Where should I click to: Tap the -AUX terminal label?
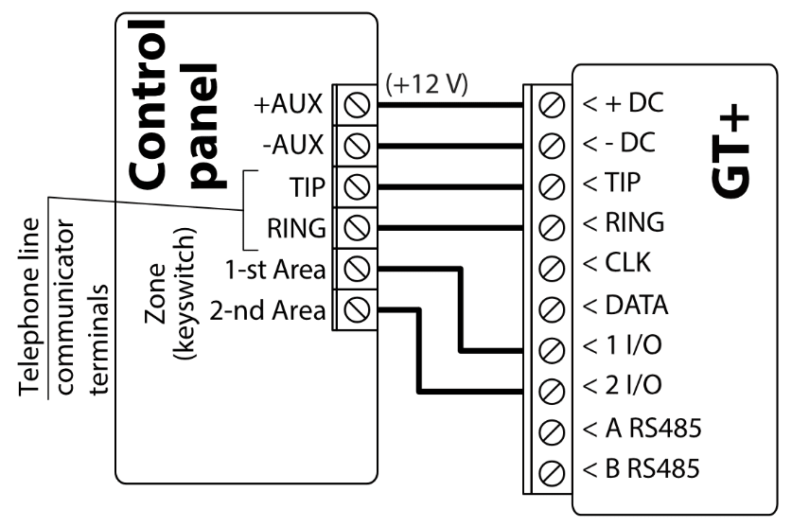tap(293, 146)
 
